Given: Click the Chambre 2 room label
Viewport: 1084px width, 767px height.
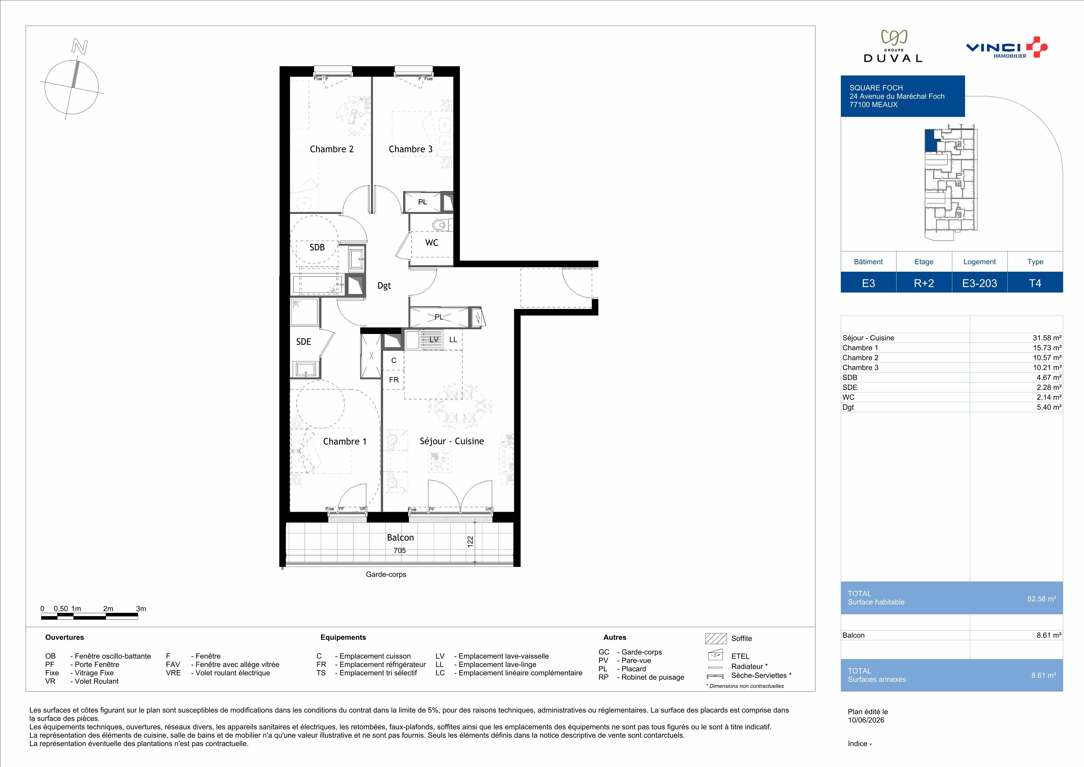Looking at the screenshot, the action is (x=331, y=149).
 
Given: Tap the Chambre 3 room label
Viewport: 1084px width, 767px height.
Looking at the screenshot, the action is (x=410, y=149).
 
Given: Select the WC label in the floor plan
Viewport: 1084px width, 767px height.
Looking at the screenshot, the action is (x=432, y=243).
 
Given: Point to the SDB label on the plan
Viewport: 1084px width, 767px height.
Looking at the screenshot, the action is (x=317, y=248).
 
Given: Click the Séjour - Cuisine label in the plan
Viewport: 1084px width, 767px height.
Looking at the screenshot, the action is (x=452, y=441).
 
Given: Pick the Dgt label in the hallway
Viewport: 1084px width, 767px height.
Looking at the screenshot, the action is (x=384, y=286).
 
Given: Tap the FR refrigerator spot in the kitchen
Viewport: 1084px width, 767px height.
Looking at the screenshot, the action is (x=394, y=380).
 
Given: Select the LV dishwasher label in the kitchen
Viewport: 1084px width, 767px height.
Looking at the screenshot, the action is (x=434, y=340).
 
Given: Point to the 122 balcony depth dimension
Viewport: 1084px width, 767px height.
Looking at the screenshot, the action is (x=470, y=541).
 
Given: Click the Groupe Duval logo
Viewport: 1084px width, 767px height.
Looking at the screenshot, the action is (x=893, y=46).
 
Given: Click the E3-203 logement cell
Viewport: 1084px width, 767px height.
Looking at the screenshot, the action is (x=980, y=283).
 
